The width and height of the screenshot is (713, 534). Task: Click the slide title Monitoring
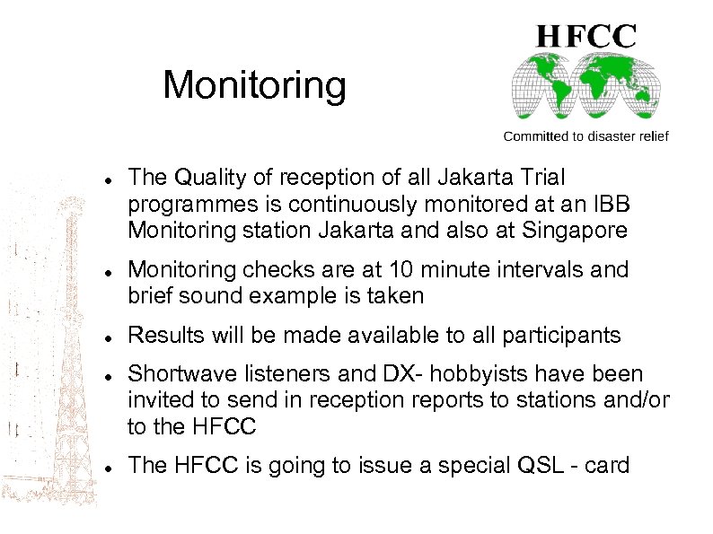click(x=254, y=86)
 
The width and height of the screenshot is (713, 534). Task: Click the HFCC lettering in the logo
click(x=586, y=37)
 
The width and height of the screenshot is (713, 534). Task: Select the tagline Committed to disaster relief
click(x=585, y=136)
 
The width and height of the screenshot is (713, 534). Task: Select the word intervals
click(x=547, y=270)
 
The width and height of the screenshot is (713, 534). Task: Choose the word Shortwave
click(x=180, y=372)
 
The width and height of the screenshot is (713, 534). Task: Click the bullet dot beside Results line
click(x=107, y=337)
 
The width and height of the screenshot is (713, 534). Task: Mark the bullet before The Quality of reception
click(x=107, y=180)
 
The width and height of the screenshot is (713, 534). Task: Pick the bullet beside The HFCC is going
click(x=107, y=467)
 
